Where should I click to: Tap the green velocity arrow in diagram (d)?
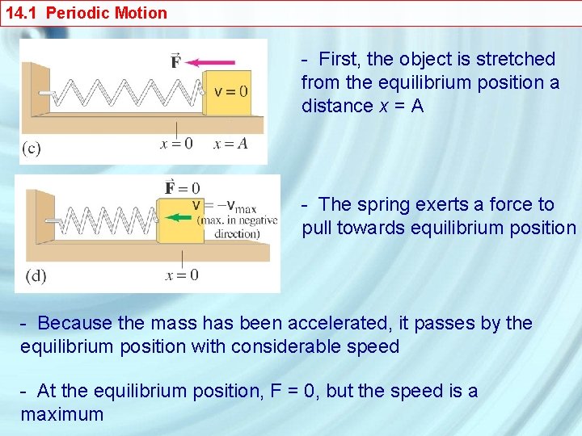tap(177, 216)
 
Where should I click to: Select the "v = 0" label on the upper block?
tap(230, 90)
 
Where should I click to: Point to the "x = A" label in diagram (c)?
tap(230, 144)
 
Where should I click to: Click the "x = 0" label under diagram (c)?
tap(177, 144)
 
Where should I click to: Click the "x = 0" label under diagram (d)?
tap(182, 275)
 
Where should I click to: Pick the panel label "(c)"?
tap(32, 148)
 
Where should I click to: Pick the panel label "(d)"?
tap(36, 275)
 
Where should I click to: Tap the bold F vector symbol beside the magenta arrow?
tap(176, 61)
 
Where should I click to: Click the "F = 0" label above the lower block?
tap(182, 188)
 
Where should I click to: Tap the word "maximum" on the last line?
tap(62, 415)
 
